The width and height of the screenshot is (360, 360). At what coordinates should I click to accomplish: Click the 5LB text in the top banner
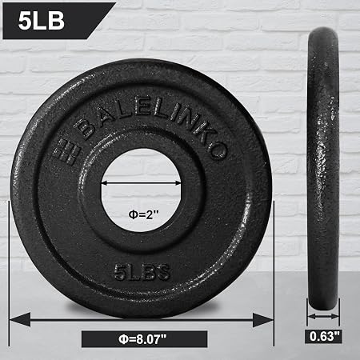point(42,21)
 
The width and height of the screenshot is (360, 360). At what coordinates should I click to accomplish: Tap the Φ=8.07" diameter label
point(142,339)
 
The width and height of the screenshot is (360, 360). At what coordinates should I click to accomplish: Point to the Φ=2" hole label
point(143,214)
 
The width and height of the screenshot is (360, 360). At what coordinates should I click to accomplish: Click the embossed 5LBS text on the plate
point(142,272)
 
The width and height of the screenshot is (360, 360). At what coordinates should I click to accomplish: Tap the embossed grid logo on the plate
point(66,151)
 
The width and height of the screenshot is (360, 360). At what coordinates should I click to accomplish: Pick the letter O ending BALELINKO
point(218,150)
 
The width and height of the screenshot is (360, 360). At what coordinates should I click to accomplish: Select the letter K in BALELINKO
point(206,134)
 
